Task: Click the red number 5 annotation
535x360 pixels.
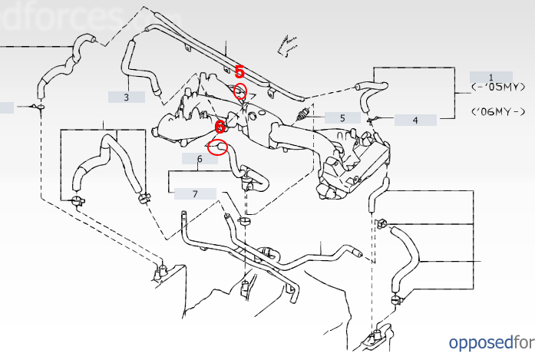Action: point(239,72)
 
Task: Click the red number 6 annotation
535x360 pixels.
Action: point(220,126)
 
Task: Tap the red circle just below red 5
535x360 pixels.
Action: point(240,92)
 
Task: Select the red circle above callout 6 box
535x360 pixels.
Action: point(217,146)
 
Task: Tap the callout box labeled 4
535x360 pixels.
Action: point(415,120)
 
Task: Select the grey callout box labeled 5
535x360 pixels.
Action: point(342,118)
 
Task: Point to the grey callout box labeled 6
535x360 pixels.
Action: point(200,159)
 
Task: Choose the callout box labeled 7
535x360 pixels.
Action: point(195,193)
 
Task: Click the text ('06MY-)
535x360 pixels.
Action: point(499,111)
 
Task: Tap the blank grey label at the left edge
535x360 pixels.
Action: point(6,107)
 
